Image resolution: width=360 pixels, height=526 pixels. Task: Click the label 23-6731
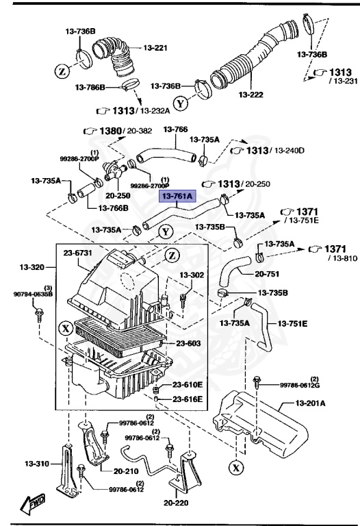click(x=78, y=253)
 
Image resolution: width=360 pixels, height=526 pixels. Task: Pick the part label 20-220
click(x=176, y=503)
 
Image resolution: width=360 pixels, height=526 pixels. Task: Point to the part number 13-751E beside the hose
click(x=292, y=323)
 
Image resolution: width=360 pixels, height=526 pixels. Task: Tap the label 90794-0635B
click(x=32, y=295)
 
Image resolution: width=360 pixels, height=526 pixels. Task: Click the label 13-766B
click(x=113, y=208)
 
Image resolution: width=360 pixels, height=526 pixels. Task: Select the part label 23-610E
click(x=187, y=385)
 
